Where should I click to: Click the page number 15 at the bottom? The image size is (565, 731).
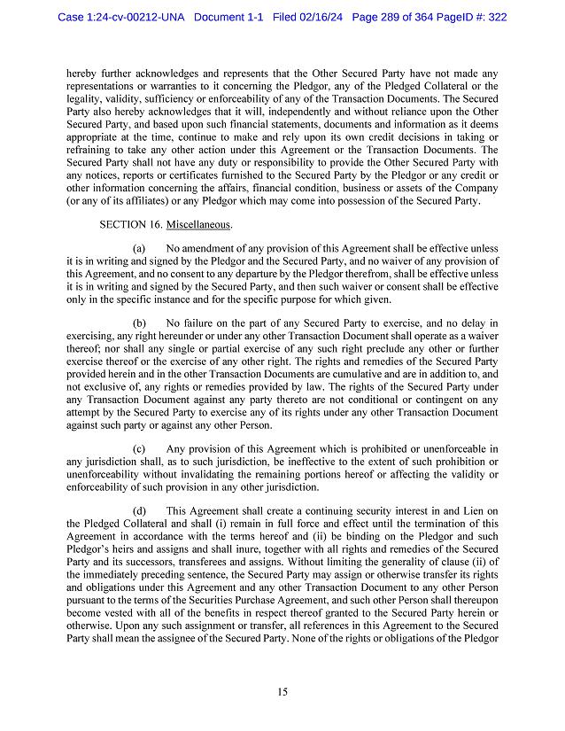pos(282,692)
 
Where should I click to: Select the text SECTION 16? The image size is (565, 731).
pos(129,224)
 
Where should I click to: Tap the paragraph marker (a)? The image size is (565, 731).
pos(139,249)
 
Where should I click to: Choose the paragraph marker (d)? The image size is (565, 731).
pos(139,511)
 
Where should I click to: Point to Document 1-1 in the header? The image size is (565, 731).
pos(232,15)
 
